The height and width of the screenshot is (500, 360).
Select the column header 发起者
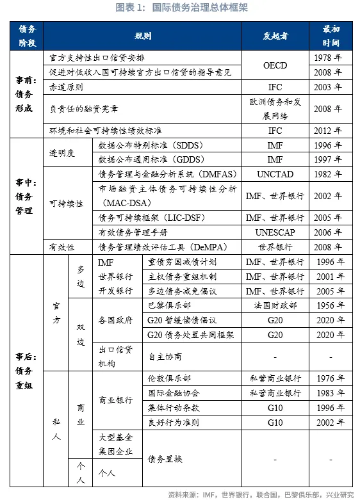click(x=275, y=35)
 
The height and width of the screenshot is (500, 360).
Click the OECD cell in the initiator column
click(x=275, y=65)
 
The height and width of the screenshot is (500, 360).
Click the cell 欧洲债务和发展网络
click(x=275, y=108)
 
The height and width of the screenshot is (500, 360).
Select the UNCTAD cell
click(x=275, y=174)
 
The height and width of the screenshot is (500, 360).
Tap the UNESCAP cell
click(x=275, y=232)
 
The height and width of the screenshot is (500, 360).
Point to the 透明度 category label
click(x=62, y=152)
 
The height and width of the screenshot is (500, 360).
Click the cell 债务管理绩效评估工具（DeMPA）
click(x=163, y=247)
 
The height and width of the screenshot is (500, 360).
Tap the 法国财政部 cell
click(x=275, y=305)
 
